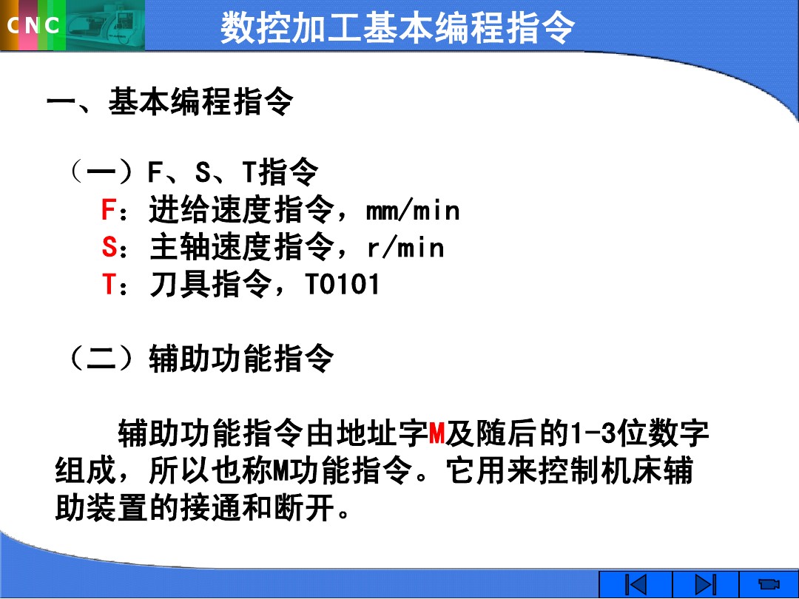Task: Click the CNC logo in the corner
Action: tap(34, 26)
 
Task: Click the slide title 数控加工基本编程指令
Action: tap(397, 28)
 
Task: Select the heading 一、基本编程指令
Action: tap(169, 101)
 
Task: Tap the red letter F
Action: tap(108, 211)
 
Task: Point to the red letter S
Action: tap(108, 248)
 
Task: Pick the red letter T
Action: tap(108, 285)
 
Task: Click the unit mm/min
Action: tap(413, 211)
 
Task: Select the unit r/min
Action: tap(405, 248)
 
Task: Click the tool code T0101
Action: tap(342, 285)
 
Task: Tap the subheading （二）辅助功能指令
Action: tap(200, 359)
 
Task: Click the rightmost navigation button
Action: tap(769, 584)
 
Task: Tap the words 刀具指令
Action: tap(210, 285)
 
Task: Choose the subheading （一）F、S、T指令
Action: tap(192, 173)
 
